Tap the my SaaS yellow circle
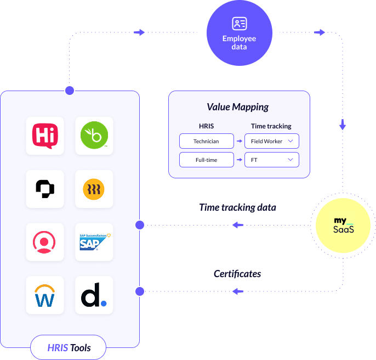tap(344, 225)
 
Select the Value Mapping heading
tap(238, 107)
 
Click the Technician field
tap(206, 141)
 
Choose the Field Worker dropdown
tap(271, 141)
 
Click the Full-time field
tap(206, 160)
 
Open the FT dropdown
tap(271, 160)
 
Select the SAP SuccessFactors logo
tap(94, 242)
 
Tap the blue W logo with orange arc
tap(45, 295)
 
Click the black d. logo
tap(94, 295)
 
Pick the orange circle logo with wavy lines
tap(94, 189)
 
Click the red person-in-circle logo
tap(45, 242)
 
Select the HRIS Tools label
tap(69, 347)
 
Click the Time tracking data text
tap(237, 207)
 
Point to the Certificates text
tap(237, 273)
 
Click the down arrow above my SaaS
tap(343, 124)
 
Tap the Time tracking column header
tap(271, 126)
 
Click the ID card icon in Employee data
tap(239, 24)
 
